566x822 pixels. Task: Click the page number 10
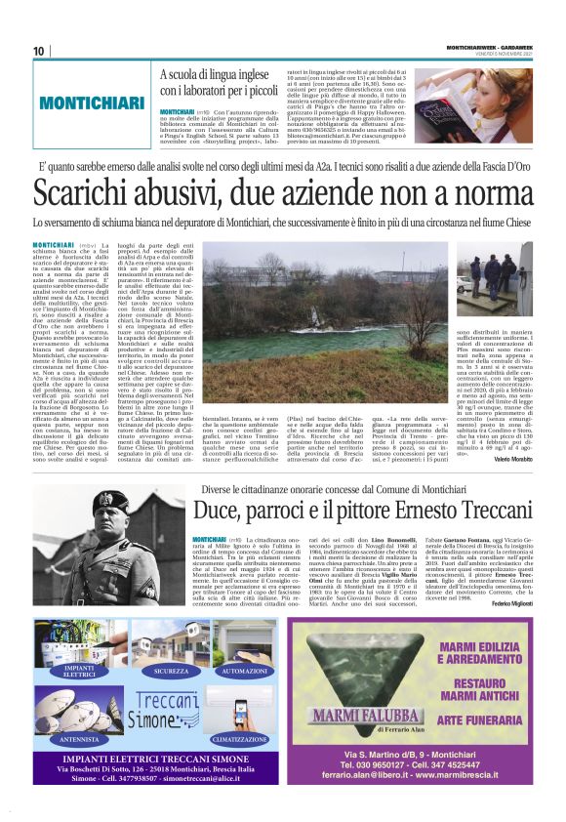(x=39, y=51)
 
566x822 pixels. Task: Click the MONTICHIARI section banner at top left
(x=89, y=103)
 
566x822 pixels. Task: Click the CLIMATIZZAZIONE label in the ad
(x=244, y=739)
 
